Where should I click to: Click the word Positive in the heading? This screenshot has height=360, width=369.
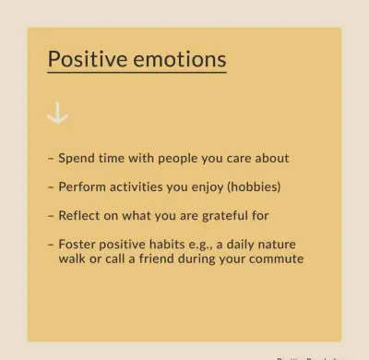pyautogui.click(x=84, y=60)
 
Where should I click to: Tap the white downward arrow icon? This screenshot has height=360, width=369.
pyautogui.click(x=57, y=114)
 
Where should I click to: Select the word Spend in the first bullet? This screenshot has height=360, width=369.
pyautogui.click(x=77, y=158)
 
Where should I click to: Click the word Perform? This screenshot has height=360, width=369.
pyautogui.click(x=82, y=186)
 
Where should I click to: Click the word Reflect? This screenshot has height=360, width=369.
pyautogui.click(x=80, y=215)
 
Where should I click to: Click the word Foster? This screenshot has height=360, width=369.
pyautogui.click(x=77, y=245)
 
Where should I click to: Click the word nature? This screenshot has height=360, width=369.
pyautogui.click(x=278, y=245)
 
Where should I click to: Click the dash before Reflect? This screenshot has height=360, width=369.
pyautogui.click(x=50, y=215)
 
